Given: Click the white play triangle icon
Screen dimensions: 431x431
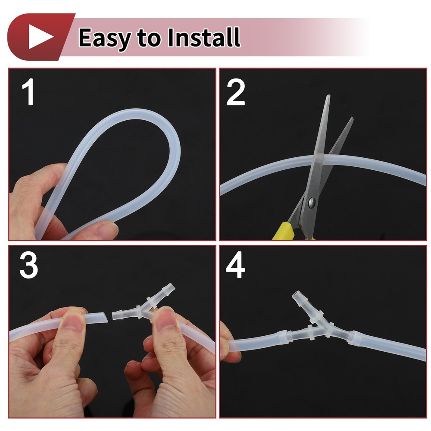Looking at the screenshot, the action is click(x=39, y=37).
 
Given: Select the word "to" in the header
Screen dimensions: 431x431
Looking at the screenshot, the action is click(x=149, y=39).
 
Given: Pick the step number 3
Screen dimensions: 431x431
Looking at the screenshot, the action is click(x=28, y=265).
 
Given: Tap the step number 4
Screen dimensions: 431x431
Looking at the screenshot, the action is click(x=235, y=265).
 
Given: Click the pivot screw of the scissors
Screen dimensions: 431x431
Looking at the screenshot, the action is click(x=312, y=202).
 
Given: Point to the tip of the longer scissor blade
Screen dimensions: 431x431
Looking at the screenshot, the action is click(x=328, y=95).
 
